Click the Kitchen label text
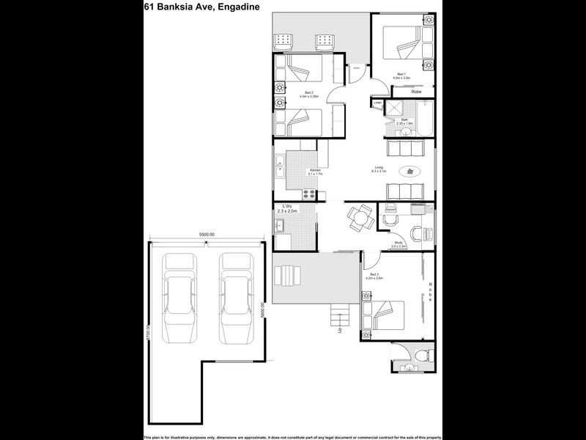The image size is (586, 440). click(315, 171)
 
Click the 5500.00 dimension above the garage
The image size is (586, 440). click(207, 235)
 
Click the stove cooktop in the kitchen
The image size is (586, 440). click(310, 194)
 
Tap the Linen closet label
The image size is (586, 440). click(378, 103)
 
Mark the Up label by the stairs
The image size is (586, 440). click(339, 329)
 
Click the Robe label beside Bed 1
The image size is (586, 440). click(415, 92)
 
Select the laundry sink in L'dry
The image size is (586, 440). click(279, 224)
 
